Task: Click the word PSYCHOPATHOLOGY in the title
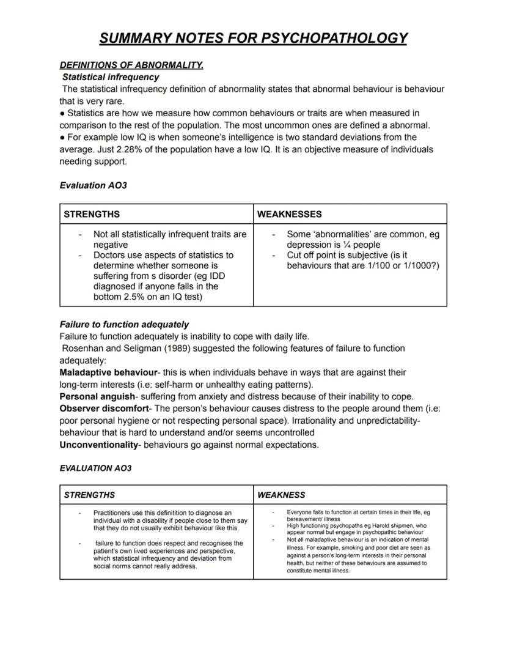tap(334, 38)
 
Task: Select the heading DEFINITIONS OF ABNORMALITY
tap(131, 65)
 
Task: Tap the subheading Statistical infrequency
tap(111, 77)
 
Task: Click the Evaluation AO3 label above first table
tap(93, 185)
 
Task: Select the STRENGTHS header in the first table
tap(92, 214)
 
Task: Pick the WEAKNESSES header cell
tap(289, 214)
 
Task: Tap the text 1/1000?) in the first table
tap(419, 265)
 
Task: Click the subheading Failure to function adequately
tap(124, 324)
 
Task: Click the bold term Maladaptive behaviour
tap(108, 372)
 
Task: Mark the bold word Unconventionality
tap(98, 445)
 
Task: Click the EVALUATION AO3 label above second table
tap(95, 468)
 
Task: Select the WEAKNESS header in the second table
tap(281, 495)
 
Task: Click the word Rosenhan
tap(82, 348)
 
